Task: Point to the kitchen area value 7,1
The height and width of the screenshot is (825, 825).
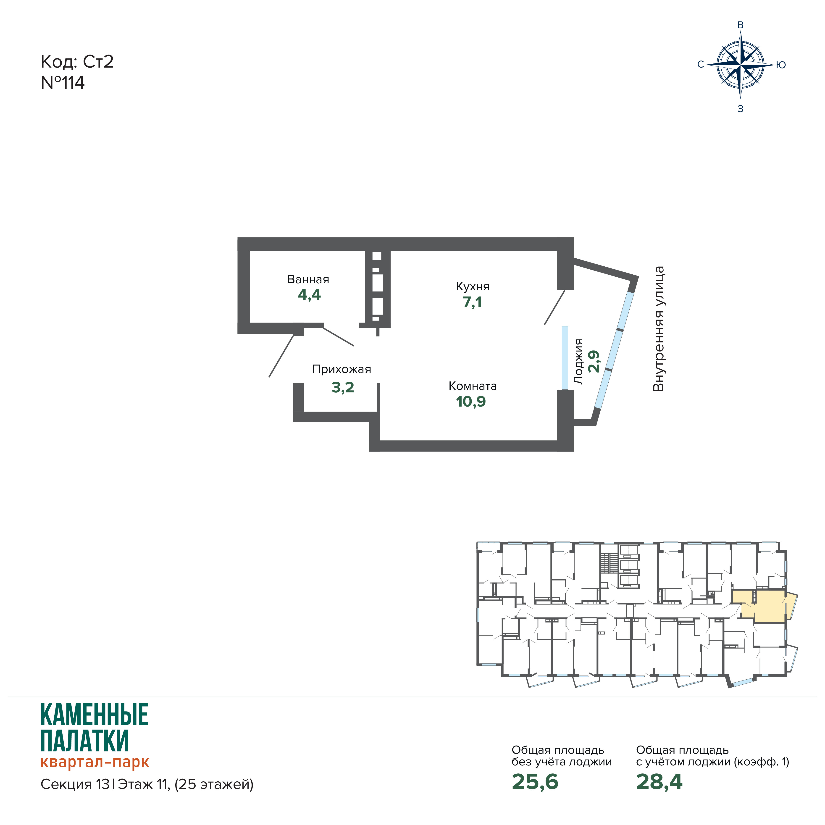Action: point(472,302)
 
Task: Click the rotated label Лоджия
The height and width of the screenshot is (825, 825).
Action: point(578,362)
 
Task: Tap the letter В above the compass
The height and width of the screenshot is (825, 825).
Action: point(741,25)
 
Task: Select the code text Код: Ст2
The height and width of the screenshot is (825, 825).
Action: point(77,62)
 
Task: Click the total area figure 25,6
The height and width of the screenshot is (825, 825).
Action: point(535,781)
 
